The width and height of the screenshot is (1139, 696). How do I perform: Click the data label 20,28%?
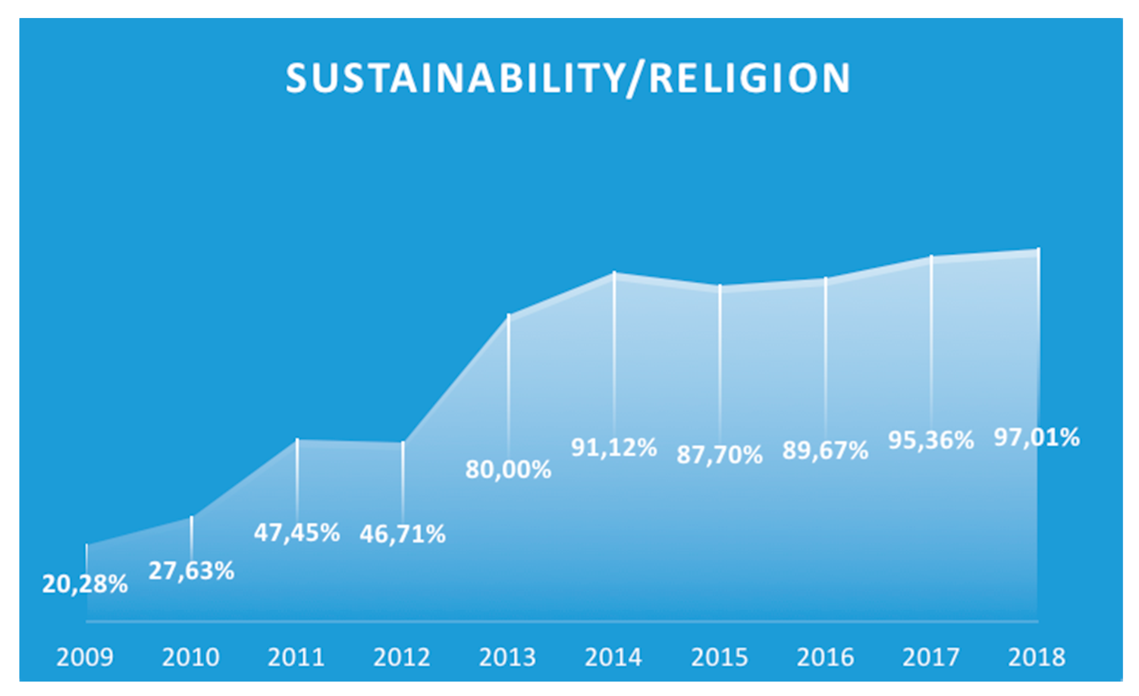(85, 584)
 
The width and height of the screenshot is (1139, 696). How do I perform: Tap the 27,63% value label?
(192, 571)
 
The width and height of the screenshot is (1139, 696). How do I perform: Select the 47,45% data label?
(297, 532)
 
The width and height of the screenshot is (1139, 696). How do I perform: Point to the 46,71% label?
(403, 534)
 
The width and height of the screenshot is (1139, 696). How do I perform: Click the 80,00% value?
(508, 469)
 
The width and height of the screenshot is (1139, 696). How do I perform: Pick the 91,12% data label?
(614, 447)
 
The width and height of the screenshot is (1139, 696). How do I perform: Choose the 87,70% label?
(720, 455)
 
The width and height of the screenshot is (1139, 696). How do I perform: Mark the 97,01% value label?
(1037, 437)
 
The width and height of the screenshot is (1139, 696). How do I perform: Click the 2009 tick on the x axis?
(85, 657)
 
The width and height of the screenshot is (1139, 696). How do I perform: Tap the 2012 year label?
(402, 657)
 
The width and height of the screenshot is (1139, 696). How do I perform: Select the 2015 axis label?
(719, 657)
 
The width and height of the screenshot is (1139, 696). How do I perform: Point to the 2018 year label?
(1036, 657)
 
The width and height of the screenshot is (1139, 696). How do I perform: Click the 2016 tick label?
(825, 657)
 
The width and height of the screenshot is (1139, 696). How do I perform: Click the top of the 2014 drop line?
(614, 273)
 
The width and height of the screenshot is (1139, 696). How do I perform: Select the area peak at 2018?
(1038, 250)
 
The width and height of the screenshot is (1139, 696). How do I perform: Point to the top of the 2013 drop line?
(508, 316)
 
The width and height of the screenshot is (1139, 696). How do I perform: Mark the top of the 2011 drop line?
(297, 440)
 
